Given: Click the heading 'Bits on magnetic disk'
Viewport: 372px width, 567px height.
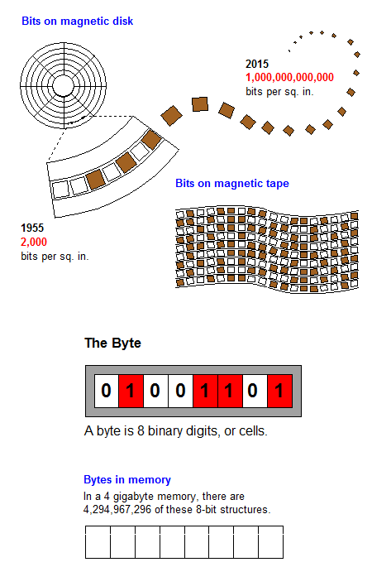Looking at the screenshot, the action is [77, 22].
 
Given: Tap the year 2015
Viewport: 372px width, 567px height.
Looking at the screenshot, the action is [257, 64].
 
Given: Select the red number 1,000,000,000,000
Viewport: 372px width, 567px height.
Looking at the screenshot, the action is [289, 77].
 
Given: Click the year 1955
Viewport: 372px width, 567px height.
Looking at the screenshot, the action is [32, 228].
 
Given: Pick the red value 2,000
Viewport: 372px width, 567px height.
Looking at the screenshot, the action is [34, 242].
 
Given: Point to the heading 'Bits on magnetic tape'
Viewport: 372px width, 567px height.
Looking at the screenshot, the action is [232, 183].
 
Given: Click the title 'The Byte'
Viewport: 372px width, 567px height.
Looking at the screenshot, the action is [112, 343].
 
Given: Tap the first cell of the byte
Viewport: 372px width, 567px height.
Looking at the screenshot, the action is [107, 391].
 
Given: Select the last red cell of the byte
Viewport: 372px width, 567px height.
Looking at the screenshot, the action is [279, 391].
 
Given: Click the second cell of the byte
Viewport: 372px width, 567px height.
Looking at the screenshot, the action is [131, 391].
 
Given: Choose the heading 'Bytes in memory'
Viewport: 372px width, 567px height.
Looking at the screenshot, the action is [127, 480].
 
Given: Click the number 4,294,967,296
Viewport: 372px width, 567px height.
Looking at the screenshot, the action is [117, 510].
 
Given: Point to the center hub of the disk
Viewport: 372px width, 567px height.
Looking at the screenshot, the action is [63, 86].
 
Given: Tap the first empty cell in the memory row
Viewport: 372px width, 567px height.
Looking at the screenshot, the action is [98, 542].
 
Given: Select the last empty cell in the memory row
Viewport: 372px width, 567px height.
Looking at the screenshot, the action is [271, 542].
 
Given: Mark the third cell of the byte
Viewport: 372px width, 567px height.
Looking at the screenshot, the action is [155, 391].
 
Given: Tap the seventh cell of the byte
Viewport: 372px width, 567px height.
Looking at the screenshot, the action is [255, 391].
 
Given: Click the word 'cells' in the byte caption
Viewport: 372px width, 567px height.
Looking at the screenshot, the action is [252, 431].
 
